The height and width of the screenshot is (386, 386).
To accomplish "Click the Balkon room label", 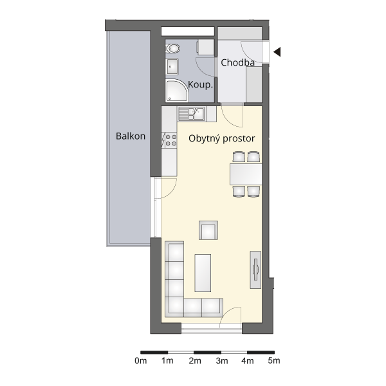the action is (x=131, y=136).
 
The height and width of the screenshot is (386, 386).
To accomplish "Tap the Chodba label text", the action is (x=237, y=62).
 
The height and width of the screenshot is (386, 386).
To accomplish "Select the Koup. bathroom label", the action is (x=200, y=85).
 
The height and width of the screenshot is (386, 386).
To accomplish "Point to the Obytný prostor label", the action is (x=221, y=138).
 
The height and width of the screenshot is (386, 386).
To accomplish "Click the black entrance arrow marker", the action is (x=277, y=52).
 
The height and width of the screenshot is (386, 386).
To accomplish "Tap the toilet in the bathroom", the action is (x=172, y=48).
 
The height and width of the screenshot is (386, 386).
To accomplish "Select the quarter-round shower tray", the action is (x=176, y=90).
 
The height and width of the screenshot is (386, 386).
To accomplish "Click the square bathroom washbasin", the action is (x=172, y=66).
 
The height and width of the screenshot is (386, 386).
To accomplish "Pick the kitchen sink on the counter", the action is (x=192, y=114).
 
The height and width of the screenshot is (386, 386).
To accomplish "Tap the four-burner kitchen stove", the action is (x=170, y=140).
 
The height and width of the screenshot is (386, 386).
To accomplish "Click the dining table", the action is (x=246, y=174).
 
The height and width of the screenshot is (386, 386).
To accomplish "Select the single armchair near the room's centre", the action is (x=208, y=230).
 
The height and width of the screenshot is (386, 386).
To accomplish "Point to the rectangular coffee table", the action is (x=203, y=273).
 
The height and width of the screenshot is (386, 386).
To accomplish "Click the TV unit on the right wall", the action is (x=255, y=270).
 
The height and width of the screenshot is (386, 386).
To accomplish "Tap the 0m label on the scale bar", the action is (x=140, y=361).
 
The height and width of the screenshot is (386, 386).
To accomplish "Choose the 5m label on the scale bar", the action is (x=274, y=361).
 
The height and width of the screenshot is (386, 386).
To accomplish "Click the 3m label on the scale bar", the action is (x=222, y=361).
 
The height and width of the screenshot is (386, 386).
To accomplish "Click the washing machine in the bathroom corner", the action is (x=205, y=47).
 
